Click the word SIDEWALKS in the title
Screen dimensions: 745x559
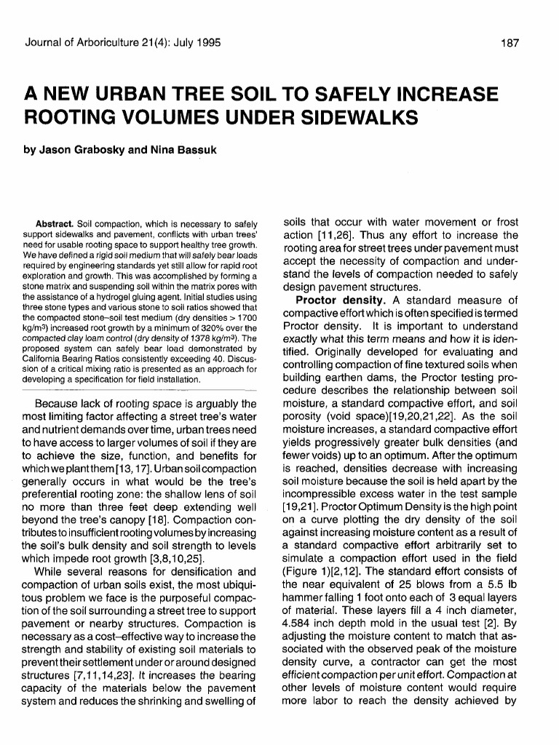click(x=347, y=118)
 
